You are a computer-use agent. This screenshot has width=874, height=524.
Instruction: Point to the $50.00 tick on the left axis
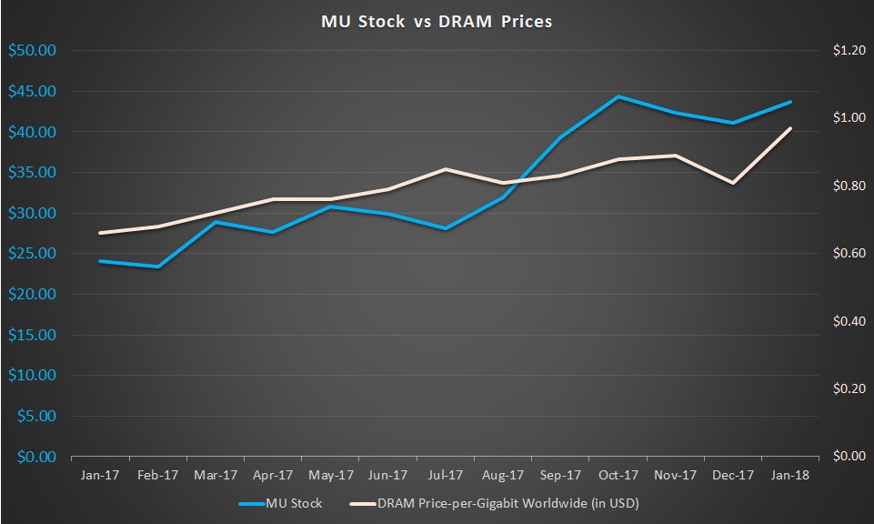(32, 51)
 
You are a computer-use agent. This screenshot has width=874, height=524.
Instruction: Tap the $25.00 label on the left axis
(32, 254)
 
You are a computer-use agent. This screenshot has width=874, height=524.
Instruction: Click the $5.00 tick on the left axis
(35, 416)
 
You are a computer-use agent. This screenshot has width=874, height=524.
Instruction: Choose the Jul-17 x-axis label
(446, 475)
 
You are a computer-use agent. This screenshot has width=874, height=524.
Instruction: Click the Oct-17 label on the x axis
(618, 475)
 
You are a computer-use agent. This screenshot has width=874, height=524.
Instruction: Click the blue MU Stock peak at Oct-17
(618, 96)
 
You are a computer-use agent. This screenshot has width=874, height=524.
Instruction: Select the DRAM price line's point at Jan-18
(791, 128)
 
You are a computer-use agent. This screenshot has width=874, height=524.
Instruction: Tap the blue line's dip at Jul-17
(446, 228)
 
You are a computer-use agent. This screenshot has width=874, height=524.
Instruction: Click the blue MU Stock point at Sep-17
(561, 137)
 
